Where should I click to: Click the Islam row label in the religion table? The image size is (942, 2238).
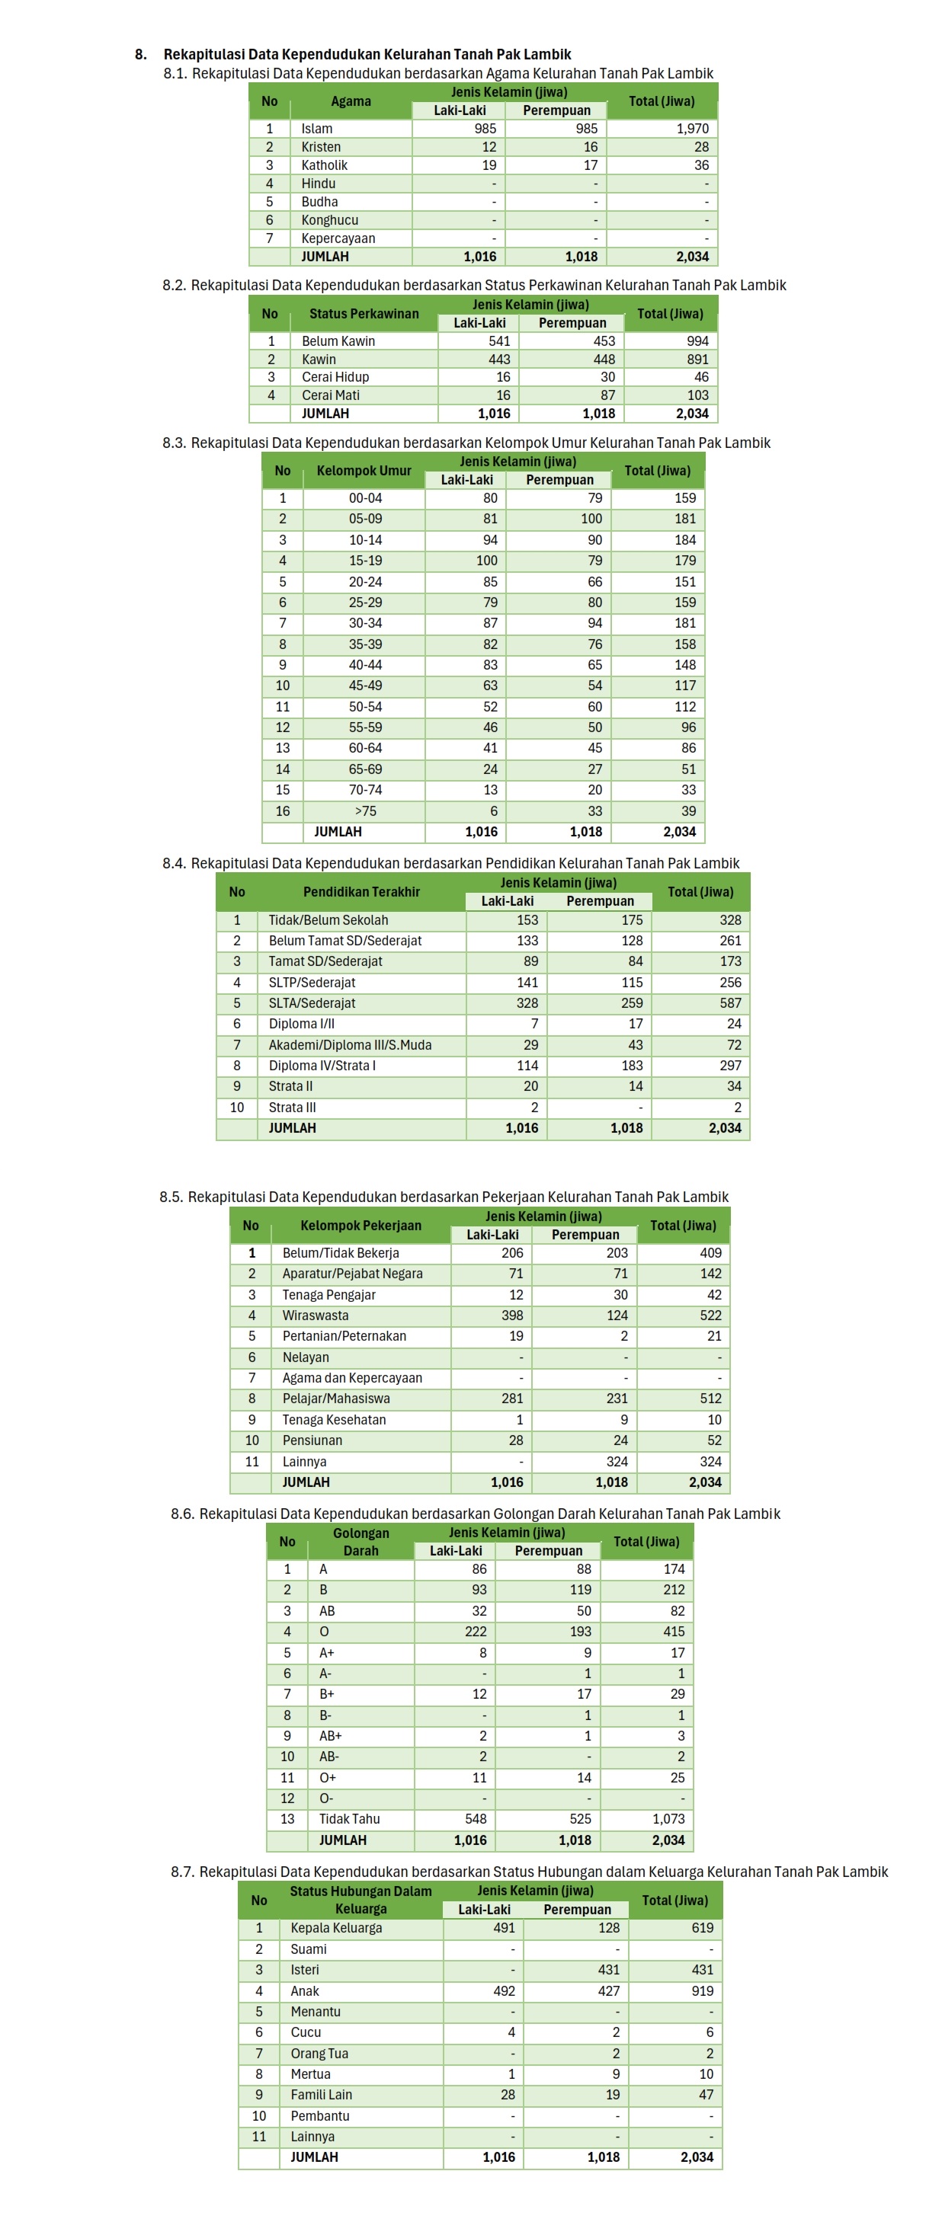pos(316,129)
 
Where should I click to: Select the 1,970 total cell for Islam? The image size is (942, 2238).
pos(692,129)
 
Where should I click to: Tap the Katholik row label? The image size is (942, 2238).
pos(324,165)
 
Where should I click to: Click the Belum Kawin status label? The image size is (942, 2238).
pos(338,341)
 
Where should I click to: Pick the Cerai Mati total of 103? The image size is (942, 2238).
pos(698,395)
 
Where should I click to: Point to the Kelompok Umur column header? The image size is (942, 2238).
pos(364,471)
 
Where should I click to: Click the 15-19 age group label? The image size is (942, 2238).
pos(365,561)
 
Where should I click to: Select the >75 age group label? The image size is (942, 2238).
pos(365,810)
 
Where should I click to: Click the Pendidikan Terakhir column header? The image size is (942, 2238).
pos(360,892)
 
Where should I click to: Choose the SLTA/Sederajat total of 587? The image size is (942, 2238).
pos(730,1002)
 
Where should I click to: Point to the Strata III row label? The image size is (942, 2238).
pos(292,1108)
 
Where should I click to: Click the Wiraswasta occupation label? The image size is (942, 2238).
pos(315,1316)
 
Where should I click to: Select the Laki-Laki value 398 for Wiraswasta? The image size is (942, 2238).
pos(512,1316)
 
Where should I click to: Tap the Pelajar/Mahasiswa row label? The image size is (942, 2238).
pos(335,1399)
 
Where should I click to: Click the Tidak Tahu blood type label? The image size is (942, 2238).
pos(348,1819)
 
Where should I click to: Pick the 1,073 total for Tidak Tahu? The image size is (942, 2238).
pos(668,1819)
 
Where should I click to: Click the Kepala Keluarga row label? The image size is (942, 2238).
pos(335,1928)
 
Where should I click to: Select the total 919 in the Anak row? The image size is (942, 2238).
pos(702,1990)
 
